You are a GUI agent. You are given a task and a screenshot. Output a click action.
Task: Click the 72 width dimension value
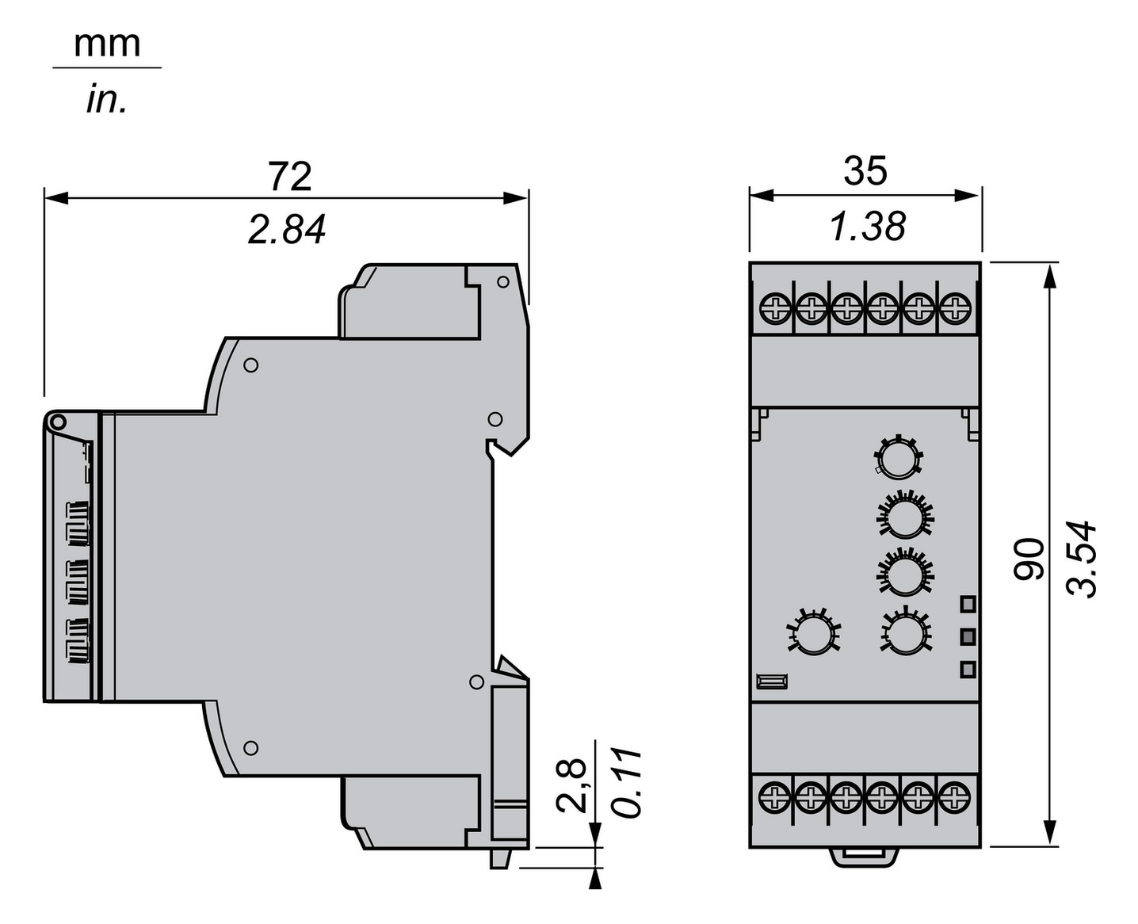(x=290, y=176)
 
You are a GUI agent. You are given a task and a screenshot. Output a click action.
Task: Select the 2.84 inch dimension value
(x=287, y=230)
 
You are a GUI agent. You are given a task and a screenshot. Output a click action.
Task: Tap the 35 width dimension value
(x=865, y=171)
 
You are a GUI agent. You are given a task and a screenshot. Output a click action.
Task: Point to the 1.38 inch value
(x=867, y=227)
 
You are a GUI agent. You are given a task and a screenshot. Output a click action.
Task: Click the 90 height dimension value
(x=1029, y=559)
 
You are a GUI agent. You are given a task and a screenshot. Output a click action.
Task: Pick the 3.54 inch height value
(x=1082, y=559)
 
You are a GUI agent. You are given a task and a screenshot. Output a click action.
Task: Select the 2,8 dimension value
(x=571, y=785)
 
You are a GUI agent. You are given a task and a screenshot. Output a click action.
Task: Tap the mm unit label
(x=107, y=44)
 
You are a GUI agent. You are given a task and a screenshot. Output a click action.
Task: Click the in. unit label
(x=107, y=101)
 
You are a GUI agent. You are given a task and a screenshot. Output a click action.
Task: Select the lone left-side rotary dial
(x=812, y=633)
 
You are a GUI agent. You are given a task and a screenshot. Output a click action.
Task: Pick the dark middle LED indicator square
(x=967, y=636)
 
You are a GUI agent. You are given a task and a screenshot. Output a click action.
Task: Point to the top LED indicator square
(x=967, y=604)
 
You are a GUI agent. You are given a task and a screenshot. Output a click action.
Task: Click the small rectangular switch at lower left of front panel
(x=771, y=680)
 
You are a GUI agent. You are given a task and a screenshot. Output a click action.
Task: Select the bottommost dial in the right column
(x=903, y=632)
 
